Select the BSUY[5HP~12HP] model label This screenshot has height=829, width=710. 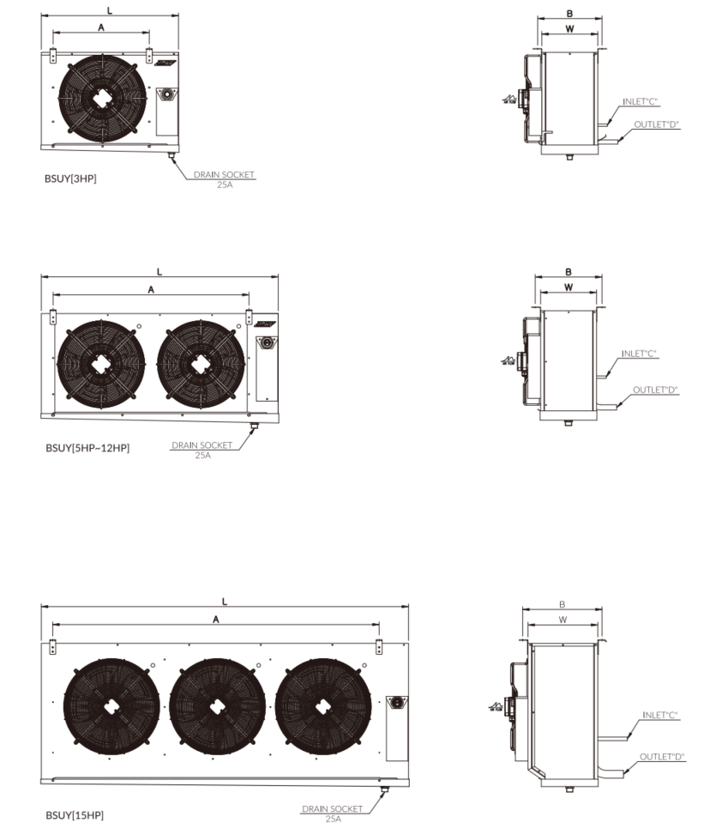point(88,447)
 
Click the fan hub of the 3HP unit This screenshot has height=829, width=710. point(103,97)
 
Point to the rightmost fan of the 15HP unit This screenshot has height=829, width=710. point(324,706)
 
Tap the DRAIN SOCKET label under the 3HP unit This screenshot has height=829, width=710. point(224,175)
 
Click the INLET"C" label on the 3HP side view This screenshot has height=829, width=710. point(640,101)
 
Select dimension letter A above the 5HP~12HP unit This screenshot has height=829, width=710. point(151,290)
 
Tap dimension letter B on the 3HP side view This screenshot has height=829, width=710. point(569,14)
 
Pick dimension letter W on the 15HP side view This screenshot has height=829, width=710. point(563,619)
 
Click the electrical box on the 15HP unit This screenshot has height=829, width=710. point(396,726)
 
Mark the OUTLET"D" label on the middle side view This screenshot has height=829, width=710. point(655,390)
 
